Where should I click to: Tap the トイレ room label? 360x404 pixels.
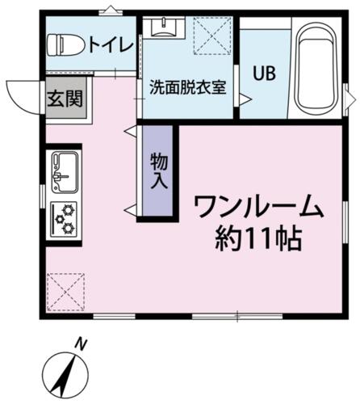point(111,44)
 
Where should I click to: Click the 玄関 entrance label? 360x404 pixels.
point(65,99)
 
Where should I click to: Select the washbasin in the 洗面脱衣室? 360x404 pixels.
point(164,27)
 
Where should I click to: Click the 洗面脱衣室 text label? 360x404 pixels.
point(188,87)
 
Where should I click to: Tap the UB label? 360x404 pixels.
point(265,74)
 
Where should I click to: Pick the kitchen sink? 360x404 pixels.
point(65,172)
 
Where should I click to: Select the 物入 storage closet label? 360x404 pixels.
point(159,170)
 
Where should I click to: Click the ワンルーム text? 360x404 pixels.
point(258,206)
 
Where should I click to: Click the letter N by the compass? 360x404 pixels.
point(81,344)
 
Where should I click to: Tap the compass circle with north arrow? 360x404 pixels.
point(65,376)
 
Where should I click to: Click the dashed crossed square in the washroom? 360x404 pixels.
point(212,36)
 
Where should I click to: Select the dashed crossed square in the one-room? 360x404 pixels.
point(65,292)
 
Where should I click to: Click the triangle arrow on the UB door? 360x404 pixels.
point(245,99)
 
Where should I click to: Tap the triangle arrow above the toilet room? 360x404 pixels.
point(111,10)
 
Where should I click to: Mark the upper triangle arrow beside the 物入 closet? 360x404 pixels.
point(130,131)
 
